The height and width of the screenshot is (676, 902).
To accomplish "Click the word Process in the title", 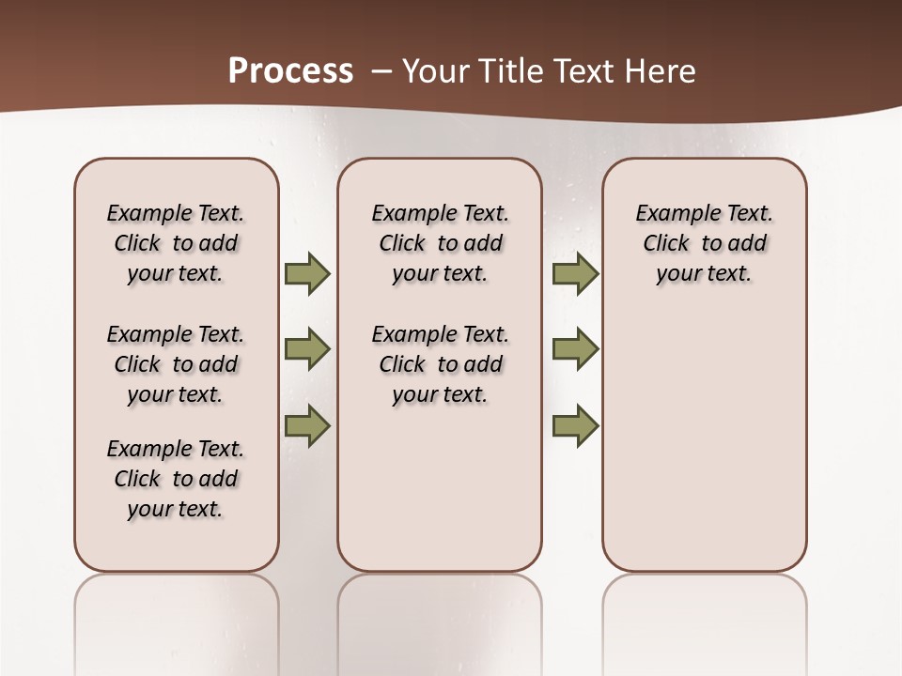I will tap(290, 70).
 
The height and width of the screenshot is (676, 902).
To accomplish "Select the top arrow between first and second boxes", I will tap(307, 274).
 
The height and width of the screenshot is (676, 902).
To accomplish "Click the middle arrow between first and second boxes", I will tap(307, 350).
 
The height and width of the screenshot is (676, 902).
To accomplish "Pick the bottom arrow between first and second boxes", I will tap(307, 426).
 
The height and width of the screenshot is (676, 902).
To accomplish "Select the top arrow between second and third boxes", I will tap(575, 274).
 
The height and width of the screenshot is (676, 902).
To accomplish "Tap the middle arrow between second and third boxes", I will tap(575, 350).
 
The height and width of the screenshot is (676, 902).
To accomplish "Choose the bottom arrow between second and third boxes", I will tap(575, 426).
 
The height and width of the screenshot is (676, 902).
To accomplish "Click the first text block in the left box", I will tap(176, 243).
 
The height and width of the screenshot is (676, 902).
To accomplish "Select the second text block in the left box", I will tap(176, 364).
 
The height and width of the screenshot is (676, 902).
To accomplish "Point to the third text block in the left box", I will tap(176, 479).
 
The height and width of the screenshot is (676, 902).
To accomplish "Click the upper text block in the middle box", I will tap(440, 243).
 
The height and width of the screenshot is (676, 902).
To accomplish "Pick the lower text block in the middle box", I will tap(440, 364).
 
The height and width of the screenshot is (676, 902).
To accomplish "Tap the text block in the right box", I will tap(704, 243).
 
